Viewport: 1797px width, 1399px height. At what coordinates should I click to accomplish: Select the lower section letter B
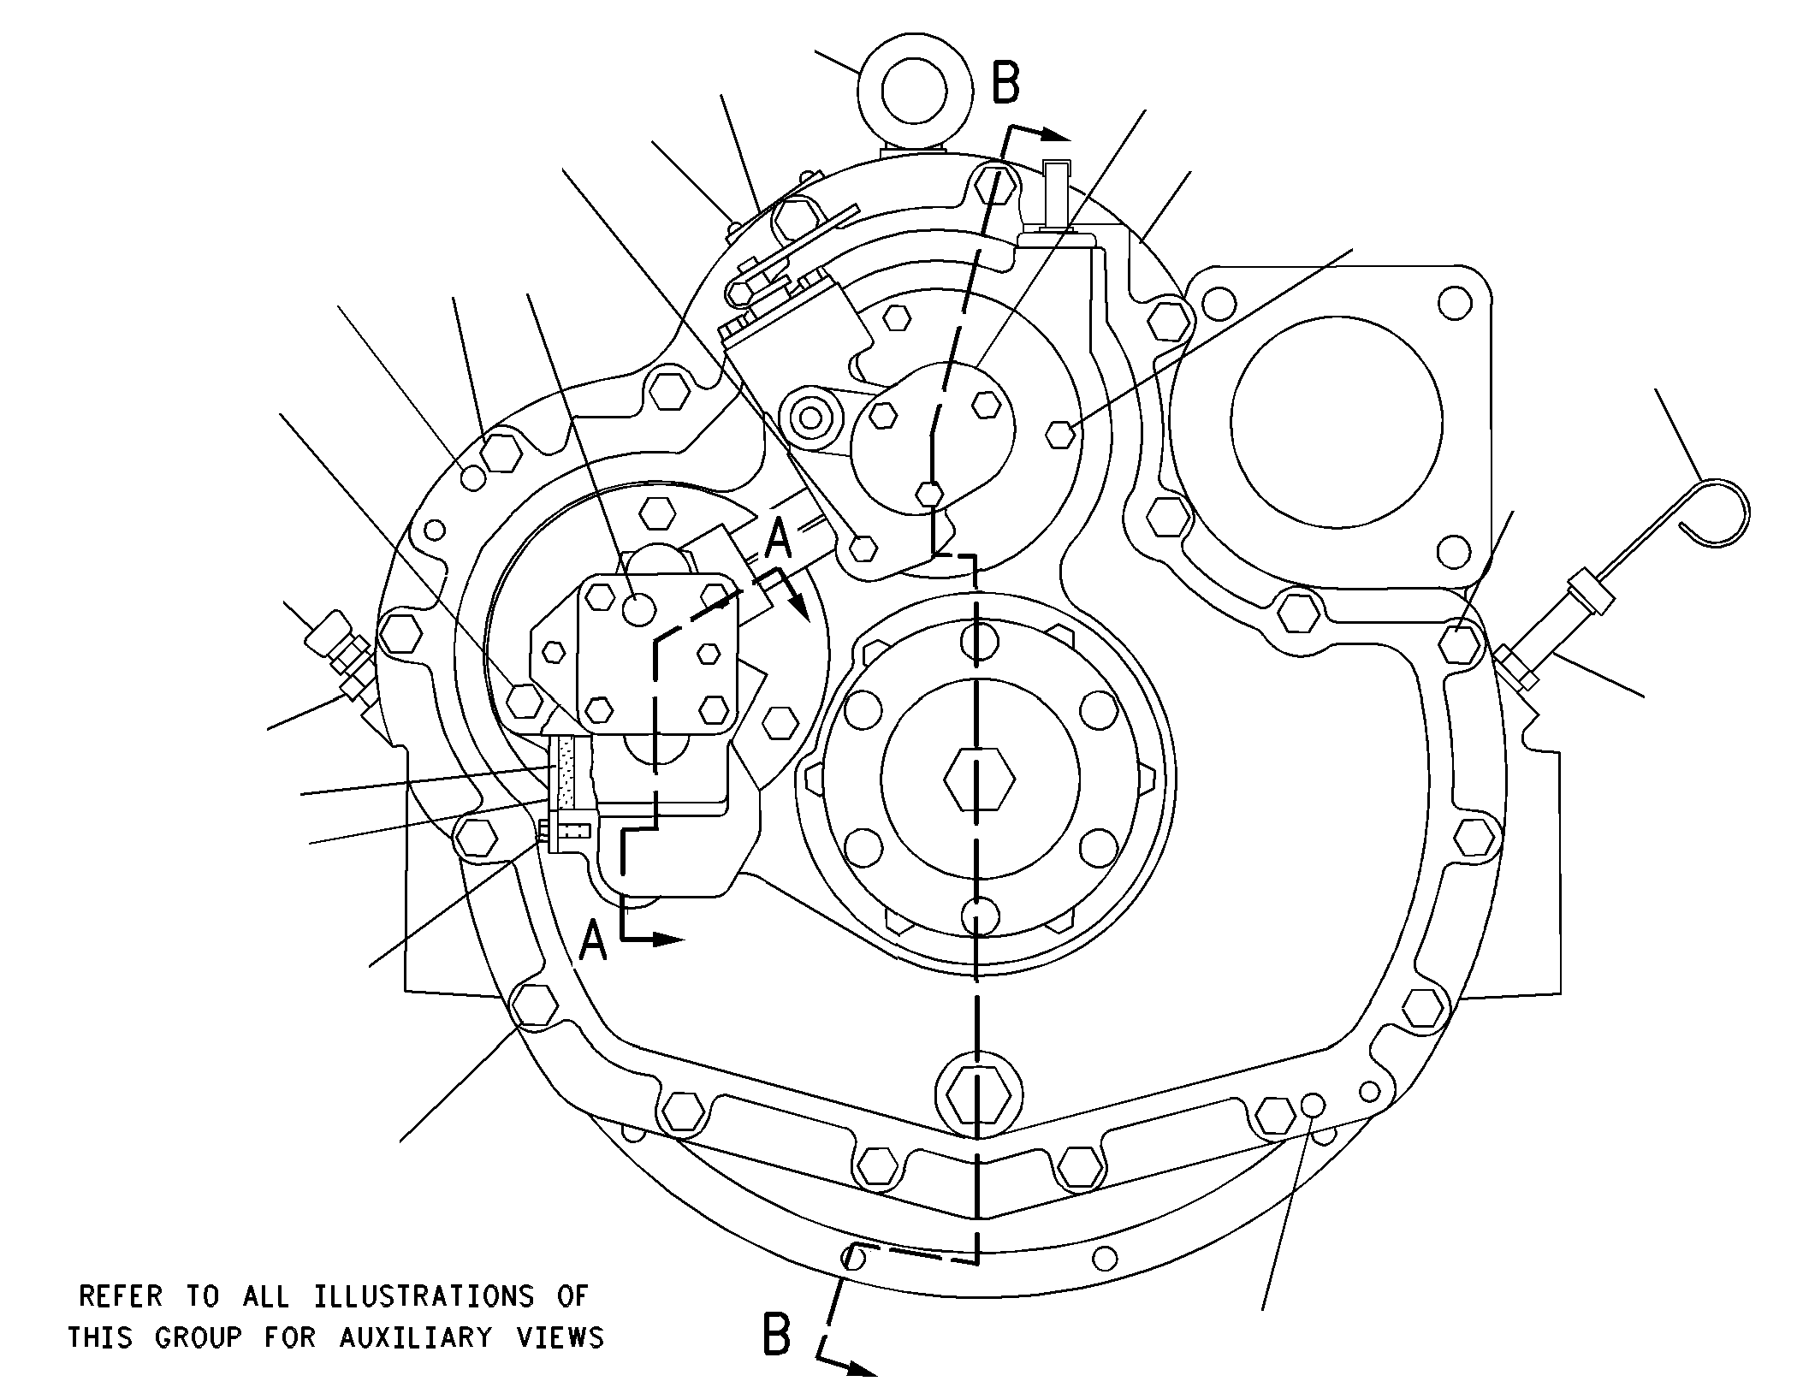pos(776,1335)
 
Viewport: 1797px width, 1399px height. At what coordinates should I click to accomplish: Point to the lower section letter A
pos(594,942)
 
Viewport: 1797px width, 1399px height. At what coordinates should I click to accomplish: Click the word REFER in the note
pos(121,1296)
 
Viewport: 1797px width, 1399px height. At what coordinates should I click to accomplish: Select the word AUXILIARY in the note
pos(416,1337)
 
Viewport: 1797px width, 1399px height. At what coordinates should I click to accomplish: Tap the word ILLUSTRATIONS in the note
pos(424,1296)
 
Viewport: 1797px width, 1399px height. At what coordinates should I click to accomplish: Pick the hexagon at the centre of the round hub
pos(980,779)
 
